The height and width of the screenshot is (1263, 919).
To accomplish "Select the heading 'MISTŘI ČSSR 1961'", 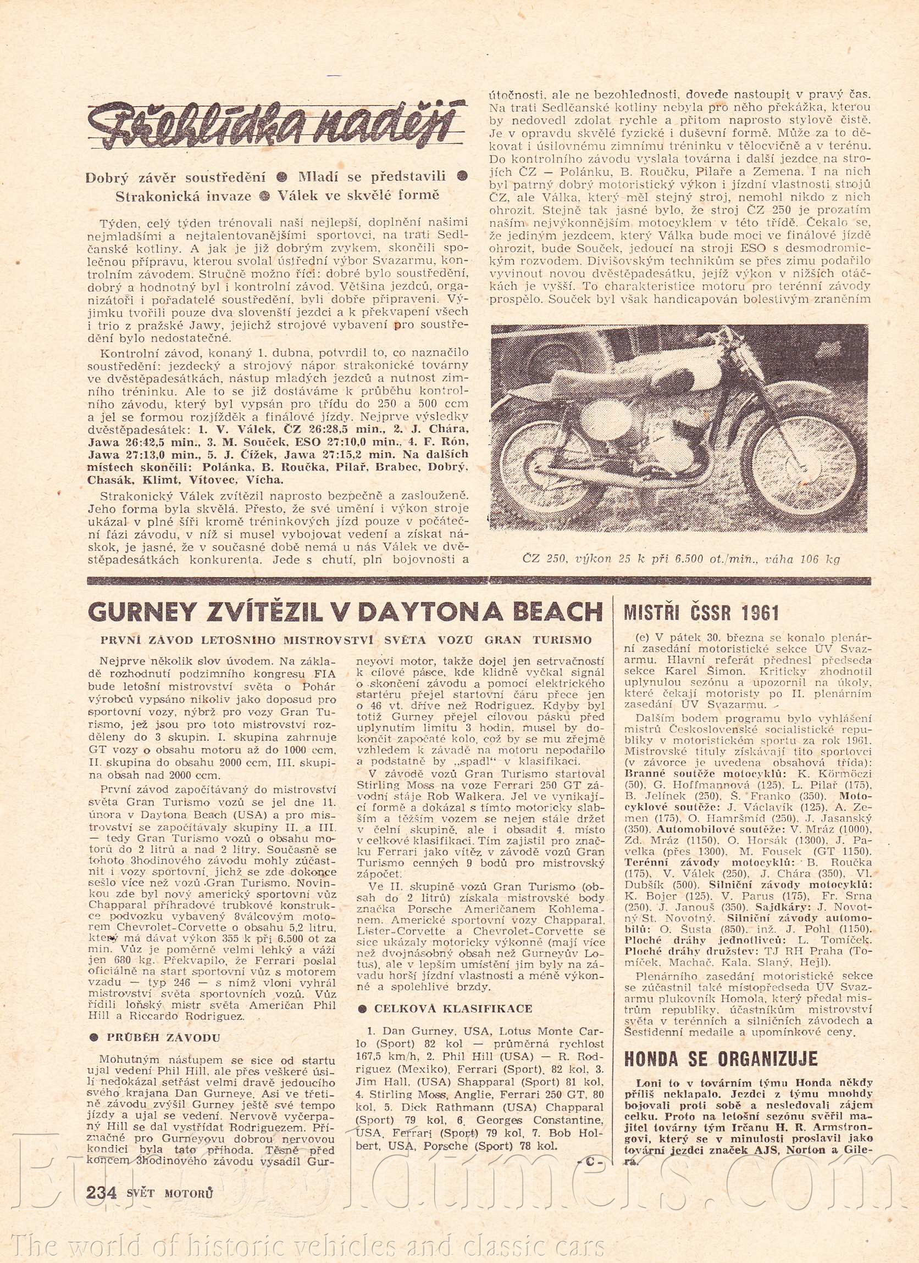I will tap(700, 613).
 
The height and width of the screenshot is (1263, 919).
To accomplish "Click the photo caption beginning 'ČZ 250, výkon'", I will tap(680, 559).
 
